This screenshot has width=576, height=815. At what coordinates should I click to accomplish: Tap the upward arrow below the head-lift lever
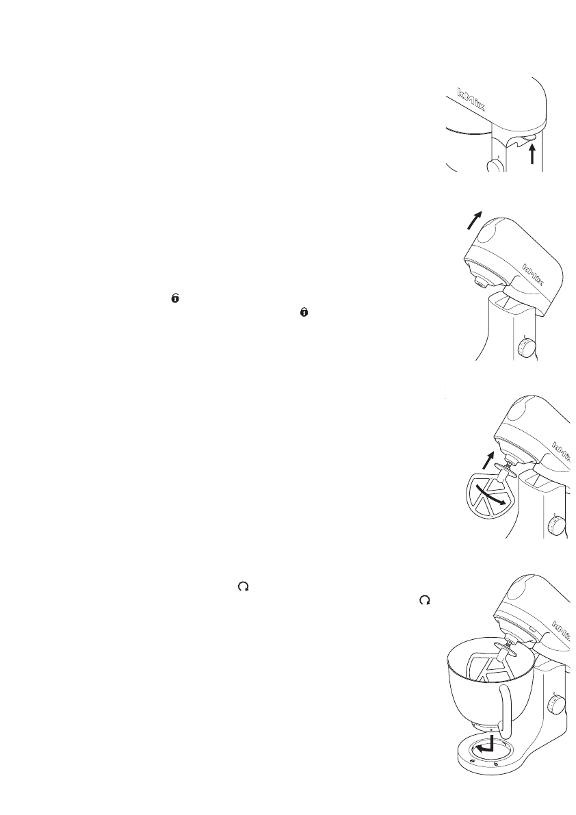click(x=532, y=154)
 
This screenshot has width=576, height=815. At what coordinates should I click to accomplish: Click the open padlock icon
click(x=176, y=299)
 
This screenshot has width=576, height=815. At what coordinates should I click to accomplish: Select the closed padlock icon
click(x=305, y=311)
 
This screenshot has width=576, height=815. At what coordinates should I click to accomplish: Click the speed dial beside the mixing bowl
click(x=560, y=704)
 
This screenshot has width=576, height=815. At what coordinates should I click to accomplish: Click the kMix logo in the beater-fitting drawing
click(x=562, y=451)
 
